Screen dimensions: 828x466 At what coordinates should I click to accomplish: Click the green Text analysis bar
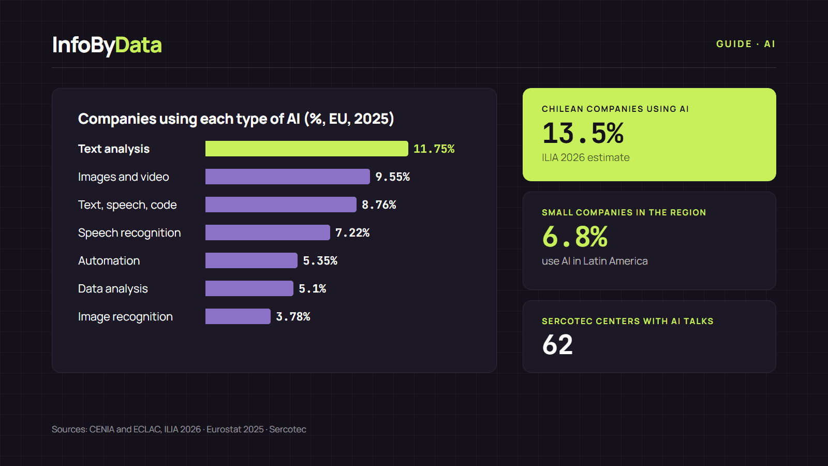[x=306, y=149]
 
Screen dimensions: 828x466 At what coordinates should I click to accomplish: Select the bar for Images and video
[x=287, y=177]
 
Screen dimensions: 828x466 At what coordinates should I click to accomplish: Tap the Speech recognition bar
[x=267, y=232]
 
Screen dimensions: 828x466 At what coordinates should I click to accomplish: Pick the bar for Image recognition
[x=238, y=316]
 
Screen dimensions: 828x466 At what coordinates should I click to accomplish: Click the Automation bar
[x=251, y=260]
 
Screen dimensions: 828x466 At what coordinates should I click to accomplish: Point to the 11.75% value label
[x=434, y=149]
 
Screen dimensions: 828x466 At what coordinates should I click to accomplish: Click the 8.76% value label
[x=379, y=205]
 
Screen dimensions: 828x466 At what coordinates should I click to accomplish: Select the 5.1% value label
[x=313, y=288]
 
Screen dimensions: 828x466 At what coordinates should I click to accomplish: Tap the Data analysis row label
[x=113, y=288]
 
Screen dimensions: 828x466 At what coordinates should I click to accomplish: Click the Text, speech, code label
[x=127, y=205]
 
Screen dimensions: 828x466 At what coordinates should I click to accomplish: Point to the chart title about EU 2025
[x=236, y=119]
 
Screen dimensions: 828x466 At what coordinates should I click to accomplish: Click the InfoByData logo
[x=107, y=45]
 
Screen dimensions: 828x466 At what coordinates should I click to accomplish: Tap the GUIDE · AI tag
[x=746, y=44]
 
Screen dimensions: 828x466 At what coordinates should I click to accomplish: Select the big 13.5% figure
[x=583, y=133]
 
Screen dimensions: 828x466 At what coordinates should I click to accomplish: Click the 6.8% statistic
[x=575, y=237]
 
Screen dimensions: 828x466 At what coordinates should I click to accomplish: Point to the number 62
[x=557, y=345]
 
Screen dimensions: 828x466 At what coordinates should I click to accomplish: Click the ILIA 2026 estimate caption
[x=585, y=157]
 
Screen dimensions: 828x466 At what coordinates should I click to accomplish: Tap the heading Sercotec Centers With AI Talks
[x=628, y=321]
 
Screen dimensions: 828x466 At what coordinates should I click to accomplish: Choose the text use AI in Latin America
[x=595, y=261]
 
